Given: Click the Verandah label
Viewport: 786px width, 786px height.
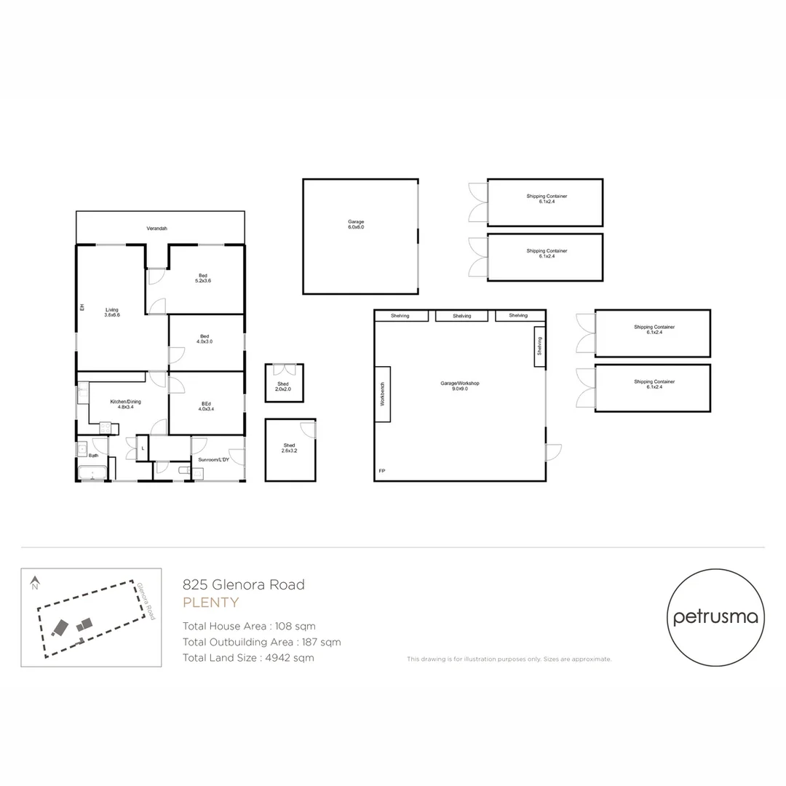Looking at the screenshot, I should (156, 229).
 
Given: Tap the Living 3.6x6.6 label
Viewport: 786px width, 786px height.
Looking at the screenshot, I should (111, 312).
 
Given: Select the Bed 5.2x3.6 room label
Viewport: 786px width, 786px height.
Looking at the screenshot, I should (202, 277).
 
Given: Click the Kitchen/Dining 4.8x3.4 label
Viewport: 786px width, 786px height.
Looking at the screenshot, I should (125, 405).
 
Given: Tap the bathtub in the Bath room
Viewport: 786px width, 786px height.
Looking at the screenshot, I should (92, 473).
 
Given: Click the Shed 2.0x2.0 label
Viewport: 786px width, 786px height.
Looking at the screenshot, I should (282, 386).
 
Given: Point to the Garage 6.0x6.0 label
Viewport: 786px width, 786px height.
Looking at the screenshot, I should (356, 224).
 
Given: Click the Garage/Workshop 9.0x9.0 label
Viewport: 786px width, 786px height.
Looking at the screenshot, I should (459, 386).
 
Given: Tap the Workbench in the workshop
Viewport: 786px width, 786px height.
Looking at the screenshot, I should (383, 394).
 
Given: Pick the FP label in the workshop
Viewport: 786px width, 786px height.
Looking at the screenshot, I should (381, 472).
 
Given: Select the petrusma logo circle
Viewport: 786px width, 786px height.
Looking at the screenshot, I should (715, 617).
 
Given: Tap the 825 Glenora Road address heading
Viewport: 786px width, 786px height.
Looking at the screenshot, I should (243, 584).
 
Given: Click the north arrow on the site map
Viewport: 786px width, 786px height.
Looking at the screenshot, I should (34, 583).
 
